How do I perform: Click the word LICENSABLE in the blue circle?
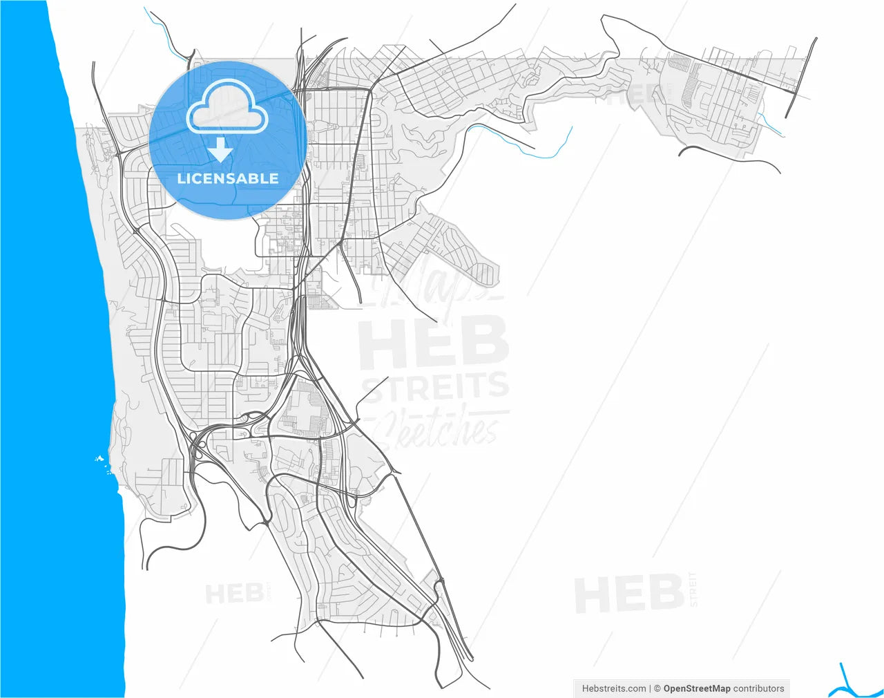coord(228,178)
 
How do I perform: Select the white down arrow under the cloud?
coord(220,149)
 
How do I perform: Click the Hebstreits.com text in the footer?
coord(614,688)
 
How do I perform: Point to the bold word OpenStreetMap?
coord(697,688)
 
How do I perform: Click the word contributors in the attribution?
coord(759,688)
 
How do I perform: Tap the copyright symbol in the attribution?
coord(657,688)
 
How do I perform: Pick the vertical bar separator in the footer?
coord(650,688)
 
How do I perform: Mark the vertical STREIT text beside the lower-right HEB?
coord(693,589)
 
